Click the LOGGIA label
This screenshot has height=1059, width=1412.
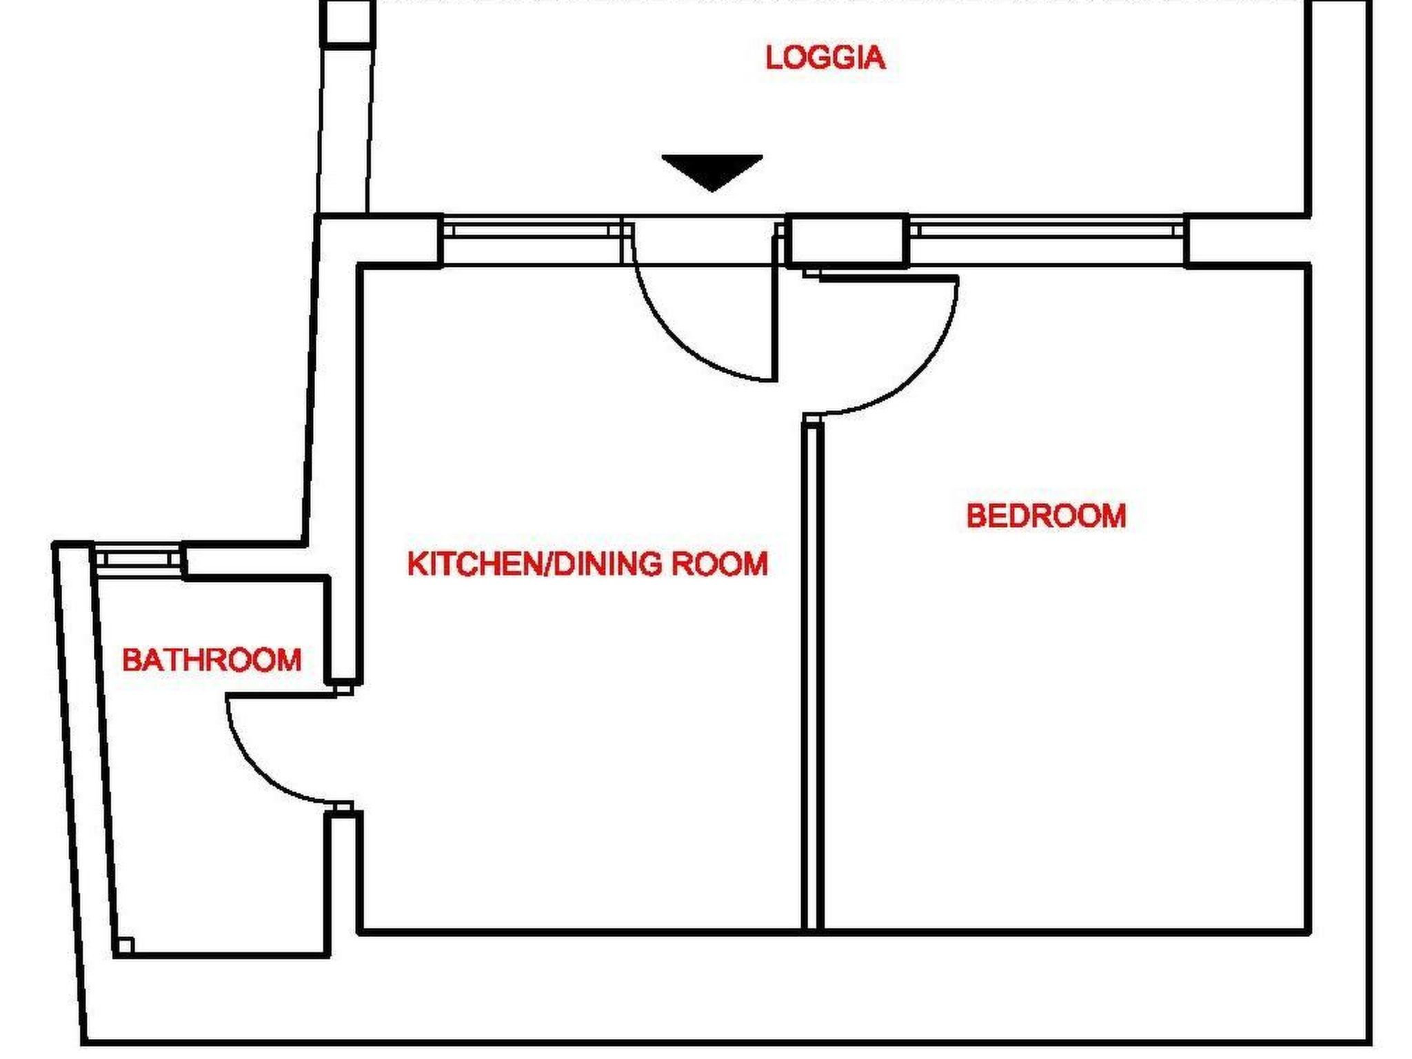click(x=825, y=57)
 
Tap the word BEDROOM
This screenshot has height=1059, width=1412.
click(x=1045, y=516)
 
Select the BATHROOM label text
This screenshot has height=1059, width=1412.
click(x=212, y=660)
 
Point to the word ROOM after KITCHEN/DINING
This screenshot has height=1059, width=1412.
click(x=720, y=564)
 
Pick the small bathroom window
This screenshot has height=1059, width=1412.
click(x=137, y=555)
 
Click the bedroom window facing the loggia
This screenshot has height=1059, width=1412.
click(x=1046, y=228)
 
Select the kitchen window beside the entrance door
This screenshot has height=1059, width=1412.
click(x=531, y=228)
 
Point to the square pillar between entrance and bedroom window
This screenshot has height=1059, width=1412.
click(x=847, y=240)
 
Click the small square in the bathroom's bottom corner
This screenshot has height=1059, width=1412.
click(x=125, y=945)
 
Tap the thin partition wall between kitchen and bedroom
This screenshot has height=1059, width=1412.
click(x=813, y=676)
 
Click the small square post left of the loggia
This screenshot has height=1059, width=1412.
click(x=348, y=22)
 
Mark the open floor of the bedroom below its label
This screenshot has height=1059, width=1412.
click(x=1062, y=724)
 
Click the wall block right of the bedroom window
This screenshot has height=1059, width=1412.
click(x=1247, y=240)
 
